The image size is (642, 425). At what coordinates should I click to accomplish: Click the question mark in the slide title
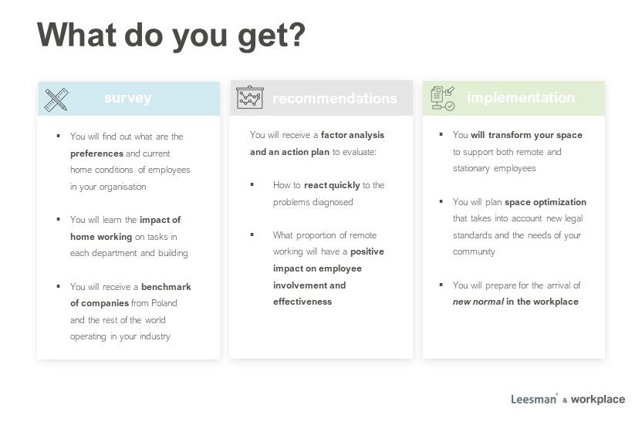(x=296, y=34)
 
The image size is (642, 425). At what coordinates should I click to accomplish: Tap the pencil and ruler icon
(x=56, y=100)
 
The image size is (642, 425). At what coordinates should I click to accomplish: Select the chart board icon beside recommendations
(x=250, y=97)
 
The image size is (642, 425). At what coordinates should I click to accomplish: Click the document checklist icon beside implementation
(x=443, y=98)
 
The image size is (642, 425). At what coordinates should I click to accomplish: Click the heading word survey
(x=128, y=98)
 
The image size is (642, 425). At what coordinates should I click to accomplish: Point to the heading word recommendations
(x=335, y=98)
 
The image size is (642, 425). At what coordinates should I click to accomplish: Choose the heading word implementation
(x=520, y=98)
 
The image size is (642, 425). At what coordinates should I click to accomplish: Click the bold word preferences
(x=96, y=153)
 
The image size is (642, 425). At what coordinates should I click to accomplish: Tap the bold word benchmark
(x=166, y=287)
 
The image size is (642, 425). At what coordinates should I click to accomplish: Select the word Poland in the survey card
(x=164, y=303)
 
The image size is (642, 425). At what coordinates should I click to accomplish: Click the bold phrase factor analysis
(x=353, y=135)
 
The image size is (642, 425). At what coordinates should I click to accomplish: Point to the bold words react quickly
(x=332, y=185)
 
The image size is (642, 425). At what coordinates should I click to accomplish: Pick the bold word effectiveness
(x=302, y=302)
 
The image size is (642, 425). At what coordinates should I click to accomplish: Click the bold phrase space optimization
(x=546, y=202)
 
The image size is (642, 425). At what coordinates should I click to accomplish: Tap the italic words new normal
(x=478, y=302)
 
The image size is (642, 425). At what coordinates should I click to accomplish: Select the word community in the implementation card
(x=474, y=251)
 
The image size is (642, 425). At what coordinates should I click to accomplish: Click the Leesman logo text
(x=534, y=400)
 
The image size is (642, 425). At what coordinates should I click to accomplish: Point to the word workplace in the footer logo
(x=598, y=400)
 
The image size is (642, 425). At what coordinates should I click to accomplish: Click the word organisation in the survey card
(x=123, y=187)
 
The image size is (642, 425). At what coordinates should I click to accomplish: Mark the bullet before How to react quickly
(x=252, y=184)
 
